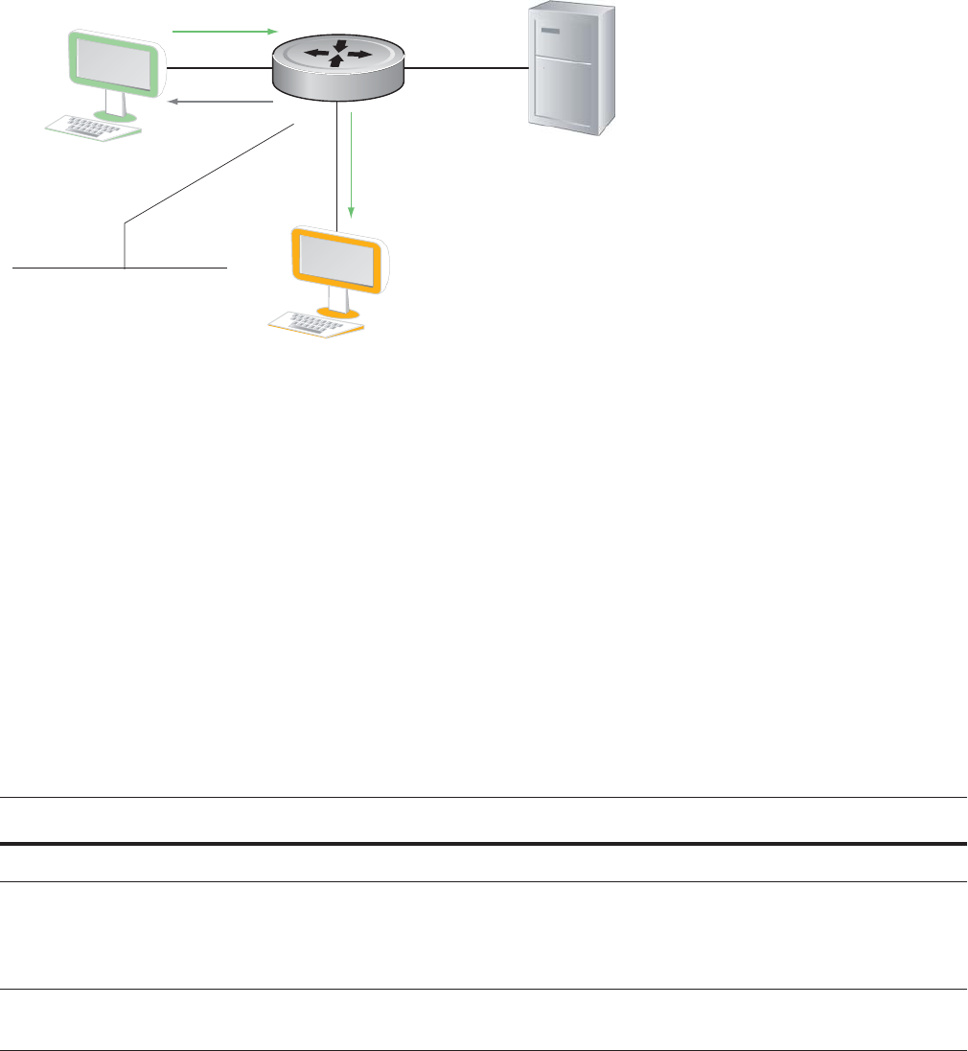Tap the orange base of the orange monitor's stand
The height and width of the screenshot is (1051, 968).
coord(338,313)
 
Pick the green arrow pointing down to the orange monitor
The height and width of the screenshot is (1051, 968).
coord(352,164)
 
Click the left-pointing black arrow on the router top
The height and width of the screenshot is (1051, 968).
coord(316,52)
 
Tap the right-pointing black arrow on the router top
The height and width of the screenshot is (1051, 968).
coord(357,55)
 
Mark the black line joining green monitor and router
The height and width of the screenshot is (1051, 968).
coord(219,69)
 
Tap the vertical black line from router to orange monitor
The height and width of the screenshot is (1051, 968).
coord(338,163)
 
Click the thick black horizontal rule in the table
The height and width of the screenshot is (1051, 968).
coord(483,844)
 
